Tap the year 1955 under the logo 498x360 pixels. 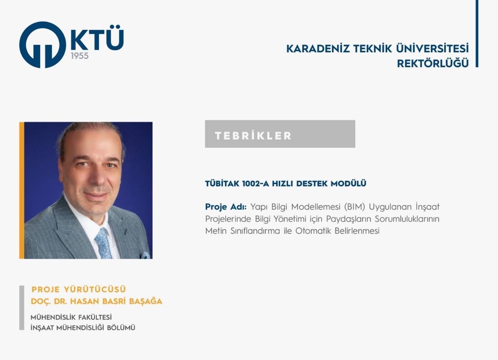click(79, 56)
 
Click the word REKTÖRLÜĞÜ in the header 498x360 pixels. click(433, 63)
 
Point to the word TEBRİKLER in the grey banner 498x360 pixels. click(253, 136)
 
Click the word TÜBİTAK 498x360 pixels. click(222, 184)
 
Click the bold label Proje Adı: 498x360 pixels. click(226, 207)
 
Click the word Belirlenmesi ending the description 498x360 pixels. click(357, 231)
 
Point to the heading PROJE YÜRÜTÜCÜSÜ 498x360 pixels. click(79, 290)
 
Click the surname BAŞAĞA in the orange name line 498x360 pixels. click(146, 301)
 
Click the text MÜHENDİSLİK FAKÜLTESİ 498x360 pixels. click(71, 317)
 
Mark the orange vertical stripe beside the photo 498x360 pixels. click(22, 190)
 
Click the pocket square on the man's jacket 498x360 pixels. click(146, 255)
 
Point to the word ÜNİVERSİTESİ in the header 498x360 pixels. click(432, 49)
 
